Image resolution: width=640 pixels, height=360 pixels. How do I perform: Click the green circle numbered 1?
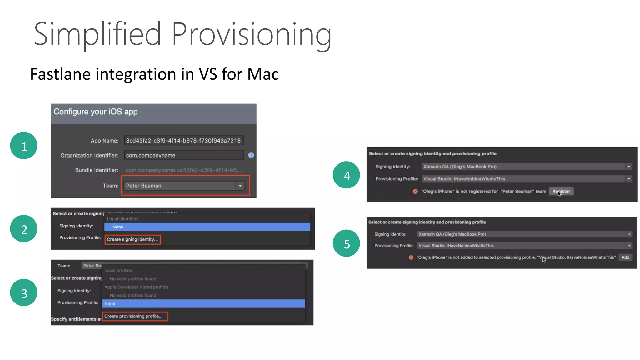(24, 146)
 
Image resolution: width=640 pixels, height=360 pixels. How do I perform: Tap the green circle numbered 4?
(346, 175)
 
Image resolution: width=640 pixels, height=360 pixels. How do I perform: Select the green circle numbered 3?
(24, 292)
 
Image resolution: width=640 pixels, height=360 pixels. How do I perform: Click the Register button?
(561, 191)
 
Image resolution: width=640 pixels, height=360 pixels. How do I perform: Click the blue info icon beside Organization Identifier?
(251, 155)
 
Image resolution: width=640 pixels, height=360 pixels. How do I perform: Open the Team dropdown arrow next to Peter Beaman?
(240, 186)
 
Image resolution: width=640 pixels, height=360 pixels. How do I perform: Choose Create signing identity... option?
(132, 239)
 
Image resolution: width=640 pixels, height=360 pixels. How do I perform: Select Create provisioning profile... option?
(134, 316)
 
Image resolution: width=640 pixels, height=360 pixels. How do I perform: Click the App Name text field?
(184, 141)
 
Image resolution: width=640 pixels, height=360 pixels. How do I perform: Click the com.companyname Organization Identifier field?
(184, 155)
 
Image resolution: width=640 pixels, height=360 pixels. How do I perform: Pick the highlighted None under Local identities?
(207, 227)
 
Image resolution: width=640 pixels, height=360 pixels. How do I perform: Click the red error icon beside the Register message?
(415, 192)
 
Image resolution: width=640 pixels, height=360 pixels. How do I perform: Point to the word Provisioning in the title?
(252, 34)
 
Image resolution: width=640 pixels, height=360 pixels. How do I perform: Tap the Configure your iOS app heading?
(96, 112)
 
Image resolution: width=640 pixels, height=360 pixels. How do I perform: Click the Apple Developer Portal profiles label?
(136, 287)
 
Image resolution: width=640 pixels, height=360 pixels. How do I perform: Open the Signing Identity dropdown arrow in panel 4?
(629, 167)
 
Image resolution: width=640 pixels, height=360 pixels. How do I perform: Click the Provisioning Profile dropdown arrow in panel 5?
(629, 246)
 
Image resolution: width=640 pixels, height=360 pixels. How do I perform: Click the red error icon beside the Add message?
(411, 257)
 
